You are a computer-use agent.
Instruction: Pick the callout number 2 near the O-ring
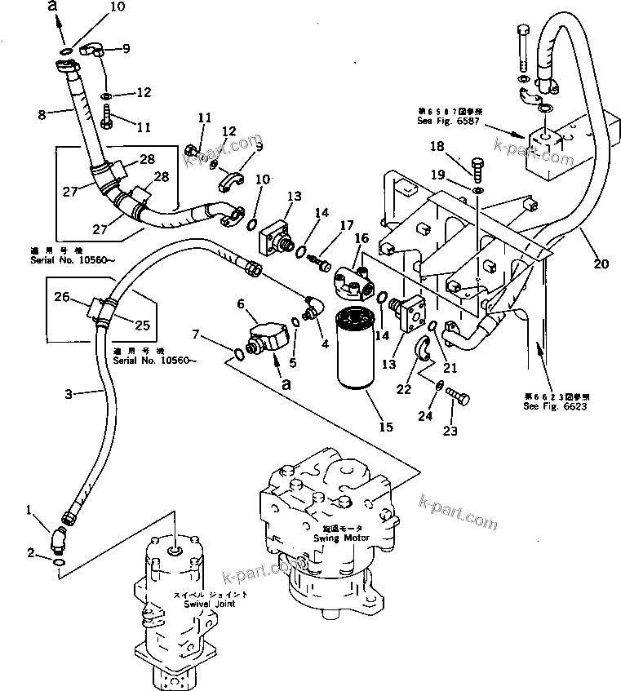tap(30, 554)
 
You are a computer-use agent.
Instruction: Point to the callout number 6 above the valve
tap(241, 303)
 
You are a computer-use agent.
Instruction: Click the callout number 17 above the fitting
tap(348, 226)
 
